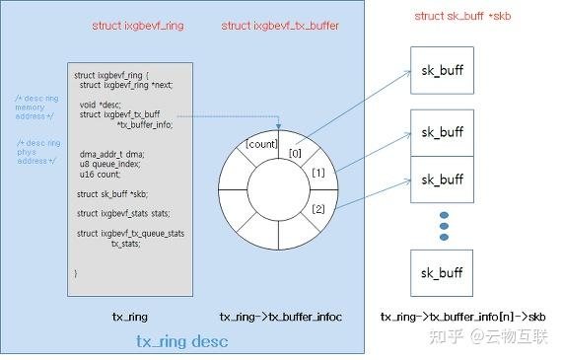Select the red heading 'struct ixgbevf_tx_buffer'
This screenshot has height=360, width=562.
tap(280, 26)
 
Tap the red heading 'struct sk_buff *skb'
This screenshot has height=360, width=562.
tap(463, 17)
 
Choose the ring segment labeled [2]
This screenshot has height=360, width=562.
tap(317, 209)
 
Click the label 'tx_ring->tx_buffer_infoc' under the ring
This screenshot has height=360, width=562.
tap(281, 317)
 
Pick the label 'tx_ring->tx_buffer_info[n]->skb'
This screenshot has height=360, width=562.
tap(463, 317)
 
